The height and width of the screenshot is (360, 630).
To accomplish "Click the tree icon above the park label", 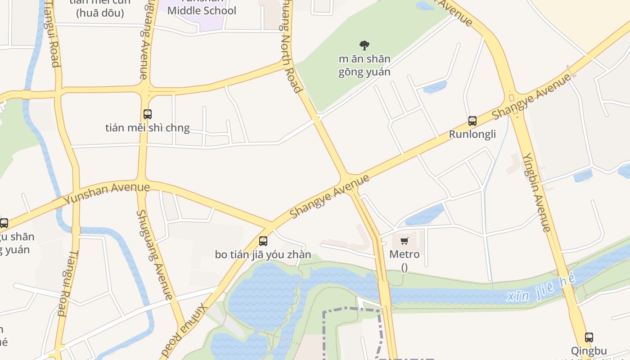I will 364,45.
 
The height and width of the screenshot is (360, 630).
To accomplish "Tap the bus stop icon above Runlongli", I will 472,121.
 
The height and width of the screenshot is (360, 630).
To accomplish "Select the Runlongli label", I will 472,134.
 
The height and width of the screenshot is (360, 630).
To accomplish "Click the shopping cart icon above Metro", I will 404,241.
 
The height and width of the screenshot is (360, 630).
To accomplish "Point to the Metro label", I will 404,254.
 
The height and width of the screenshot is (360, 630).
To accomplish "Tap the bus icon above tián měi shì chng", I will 147,114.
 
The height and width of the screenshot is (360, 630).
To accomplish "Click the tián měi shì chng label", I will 147,128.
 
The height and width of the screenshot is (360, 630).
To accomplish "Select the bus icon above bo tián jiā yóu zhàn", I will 263,241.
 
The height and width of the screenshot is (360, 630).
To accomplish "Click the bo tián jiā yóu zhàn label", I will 263,255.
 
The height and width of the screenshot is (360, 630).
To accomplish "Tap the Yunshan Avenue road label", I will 107,193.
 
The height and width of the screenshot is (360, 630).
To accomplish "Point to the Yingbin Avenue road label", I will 536,192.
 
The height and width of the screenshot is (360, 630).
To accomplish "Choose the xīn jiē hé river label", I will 540,289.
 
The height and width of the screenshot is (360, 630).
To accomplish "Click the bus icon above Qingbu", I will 589,337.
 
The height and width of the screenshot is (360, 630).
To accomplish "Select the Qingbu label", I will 589,351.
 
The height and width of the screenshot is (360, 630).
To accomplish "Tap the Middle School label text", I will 202,10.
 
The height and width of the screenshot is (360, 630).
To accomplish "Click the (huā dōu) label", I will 100,13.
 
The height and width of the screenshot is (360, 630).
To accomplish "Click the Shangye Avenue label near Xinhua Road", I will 329,196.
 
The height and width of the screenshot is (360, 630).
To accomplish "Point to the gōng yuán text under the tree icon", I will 364,72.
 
